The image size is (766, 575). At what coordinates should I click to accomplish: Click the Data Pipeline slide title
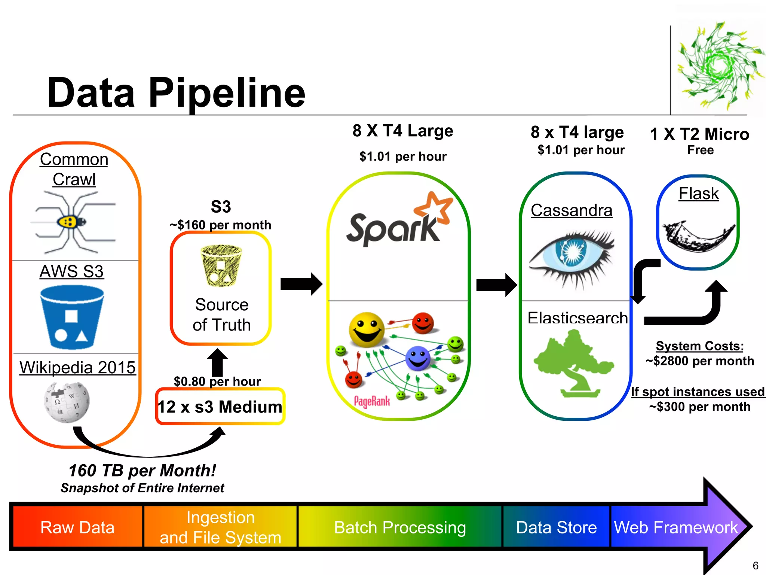(x=176, y=92)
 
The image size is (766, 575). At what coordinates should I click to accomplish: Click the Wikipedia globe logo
(x=67, y=402)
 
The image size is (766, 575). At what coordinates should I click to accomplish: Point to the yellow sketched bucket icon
(x=221, y=266)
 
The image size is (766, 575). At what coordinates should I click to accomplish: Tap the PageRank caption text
(x=372, y=402)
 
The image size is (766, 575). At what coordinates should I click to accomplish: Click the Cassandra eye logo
(x=572, y=258)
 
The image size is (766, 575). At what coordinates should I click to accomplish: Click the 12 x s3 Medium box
(x=220, y=407)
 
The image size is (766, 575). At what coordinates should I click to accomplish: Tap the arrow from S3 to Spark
(x=301, y=284)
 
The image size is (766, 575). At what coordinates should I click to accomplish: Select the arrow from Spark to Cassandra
(x=496, y=285)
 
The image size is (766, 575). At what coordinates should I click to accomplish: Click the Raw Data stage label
(x=77, y=527)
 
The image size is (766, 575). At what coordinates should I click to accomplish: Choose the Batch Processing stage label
(x=400, y=527)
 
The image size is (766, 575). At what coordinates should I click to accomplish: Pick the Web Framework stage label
(x=675, y=527)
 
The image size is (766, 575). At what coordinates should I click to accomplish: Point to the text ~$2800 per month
(x=700, y=361)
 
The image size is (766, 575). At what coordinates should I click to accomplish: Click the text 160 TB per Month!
(x=142, y=471)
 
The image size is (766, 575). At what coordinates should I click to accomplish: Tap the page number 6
(x=755, y=565)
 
